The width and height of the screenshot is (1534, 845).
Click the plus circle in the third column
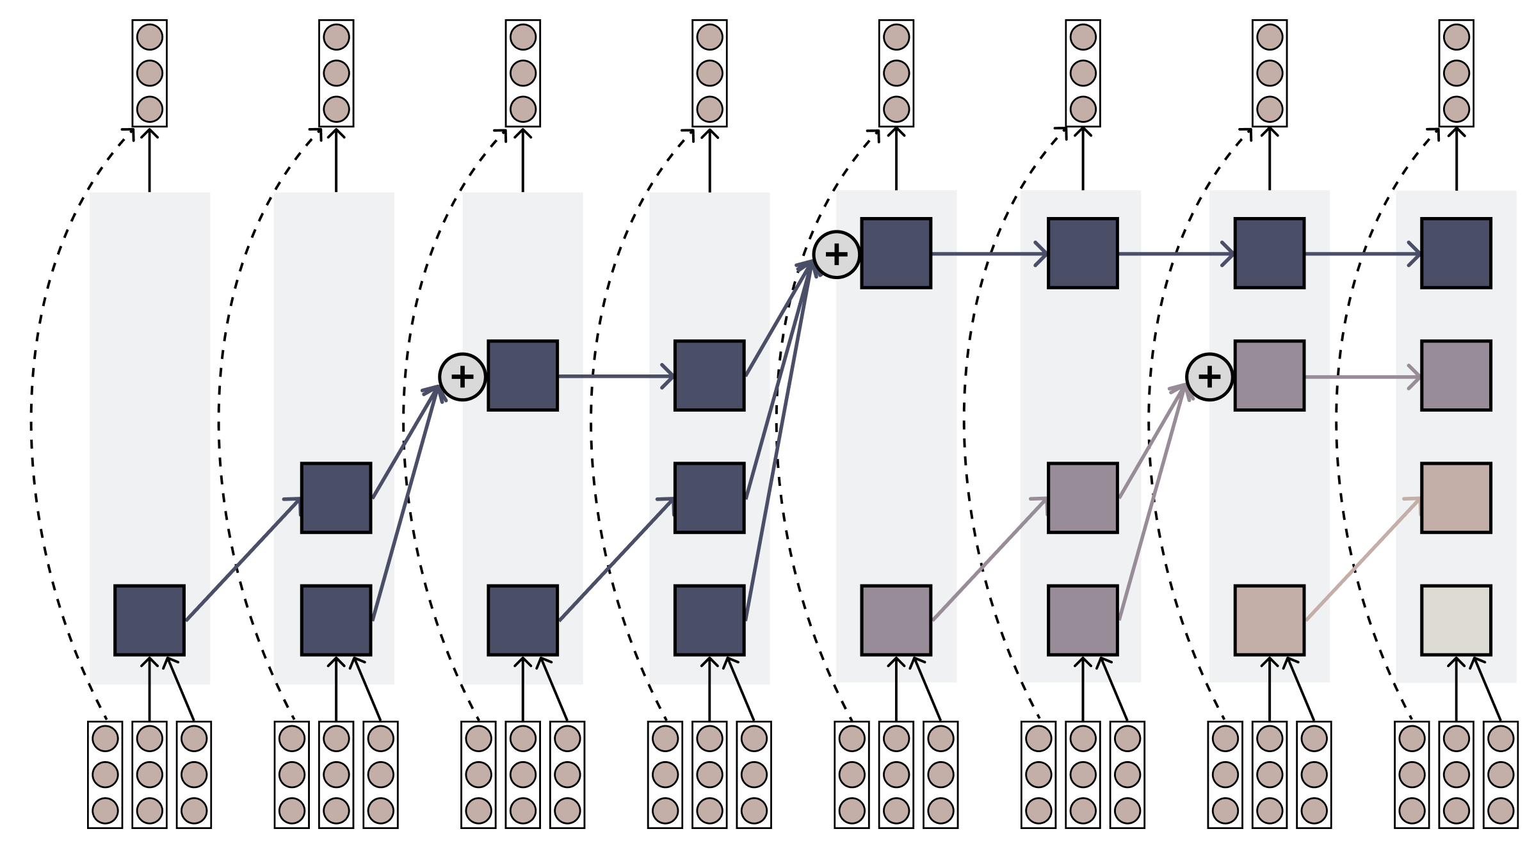click(462, 377)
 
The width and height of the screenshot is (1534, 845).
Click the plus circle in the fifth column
click(836, 254)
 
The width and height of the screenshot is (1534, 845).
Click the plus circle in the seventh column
click(1209, 377)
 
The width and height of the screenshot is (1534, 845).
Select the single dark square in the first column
click(149, 620)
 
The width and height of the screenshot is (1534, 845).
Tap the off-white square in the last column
click(1456, 620)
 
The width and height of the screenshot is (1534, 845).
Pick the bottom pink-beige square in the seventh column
click(1269, 620)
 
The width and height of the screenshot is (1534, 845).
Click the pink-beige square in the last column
click(1456, 497)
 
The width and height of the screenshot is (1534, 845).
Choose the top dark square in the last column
click(1456, 253)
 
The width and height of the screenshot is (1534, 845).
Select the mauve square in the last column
click(1456, 375)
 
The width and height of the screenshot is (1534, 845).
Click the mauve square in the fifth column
click(896, 620)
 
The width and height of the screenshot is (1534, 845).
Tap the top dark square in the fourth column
click(709, 375)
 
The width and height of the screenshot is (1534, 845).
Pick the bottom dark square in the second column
click(336, 620)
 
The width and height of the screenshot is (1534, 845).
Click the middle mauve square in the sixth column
click(1083, 497)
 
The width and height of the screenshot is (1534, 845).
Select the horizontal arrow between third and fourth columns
click(615, 376)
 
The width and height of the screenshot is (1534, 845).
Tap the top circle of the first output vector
click(149, 37)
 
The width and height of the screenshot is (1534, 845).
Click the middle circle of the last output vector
click(1456, 73)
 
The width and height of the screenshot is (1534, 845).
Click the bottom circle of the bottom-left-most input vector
click(105, 810)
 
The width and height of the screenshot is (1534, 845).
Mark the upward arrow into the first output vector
click(149, 160)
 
